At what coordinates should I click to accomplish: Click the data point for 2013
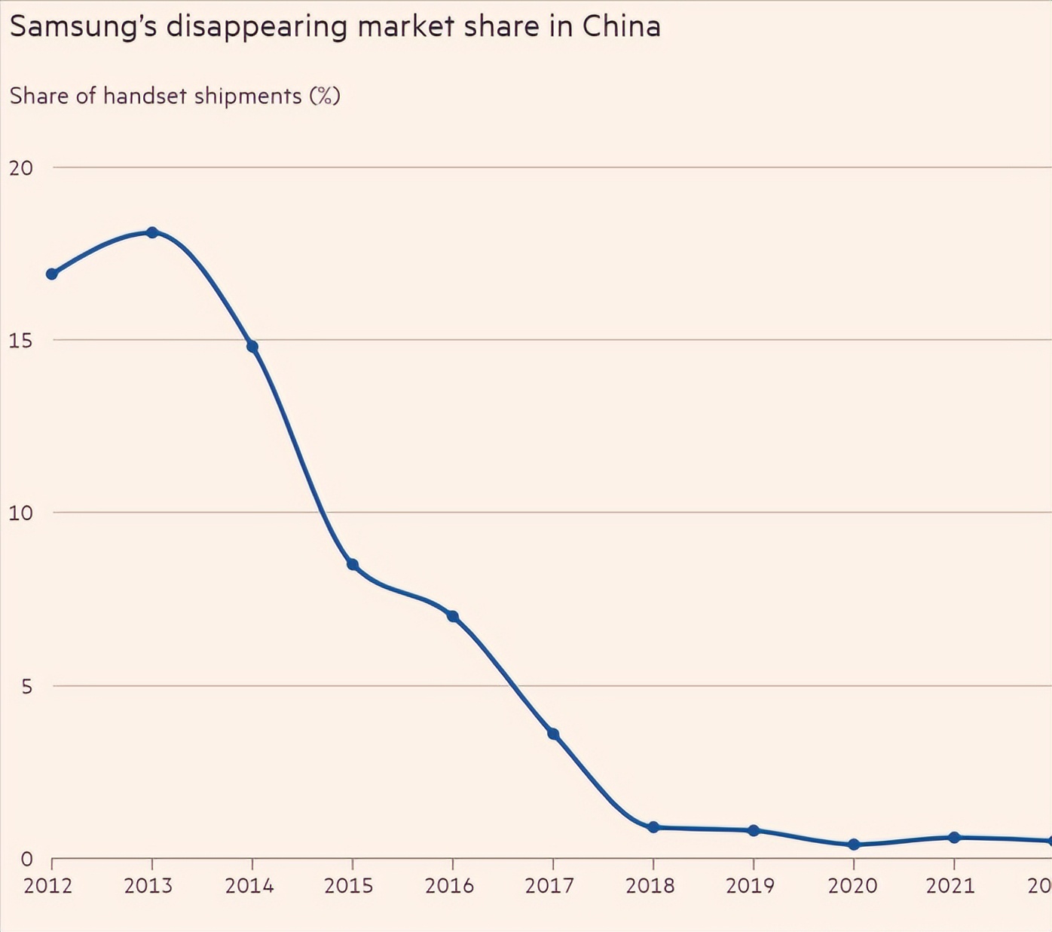(x=152, y=232)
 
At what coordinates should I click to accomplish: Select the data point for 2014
(x=252, y=347)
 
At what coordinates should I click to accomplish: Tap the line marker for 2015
(x=353, y=565)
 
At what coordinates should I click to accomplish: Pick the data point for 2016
(x=453, y=616)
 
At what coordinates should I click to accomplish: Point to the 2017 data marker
(x=553, y=734)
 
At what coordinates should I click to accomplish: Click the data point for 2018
(x=653, y=827)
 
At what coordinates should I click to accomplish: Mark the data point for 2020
(x=854, y=845)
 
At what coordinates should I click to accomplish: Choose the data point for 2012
(x=52, y=274)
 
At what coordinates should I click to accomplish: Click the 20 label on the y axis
(x=21, y=167)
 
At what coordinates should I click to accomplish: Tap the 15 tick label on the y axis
(x=21, y=340)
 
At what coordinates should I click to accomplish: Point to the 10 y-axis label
(x=21, y=513)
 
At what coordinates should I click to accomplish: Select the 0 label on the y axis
(x=27, y=859)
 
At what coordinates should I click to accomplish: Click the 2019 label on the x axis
(x=751, y=885)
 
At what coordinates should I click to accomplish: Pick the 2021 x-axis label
(x=951, y=885)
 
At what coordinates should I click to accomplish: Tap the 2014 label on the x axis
(x=249, y=885)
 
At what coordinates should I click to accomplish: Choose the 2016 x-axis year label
(x=450, y=885)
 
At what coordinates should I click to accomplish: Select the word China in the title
(x=622, y=26)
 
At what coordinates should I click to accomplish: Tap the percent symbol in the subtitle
(x=325, y=96)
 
